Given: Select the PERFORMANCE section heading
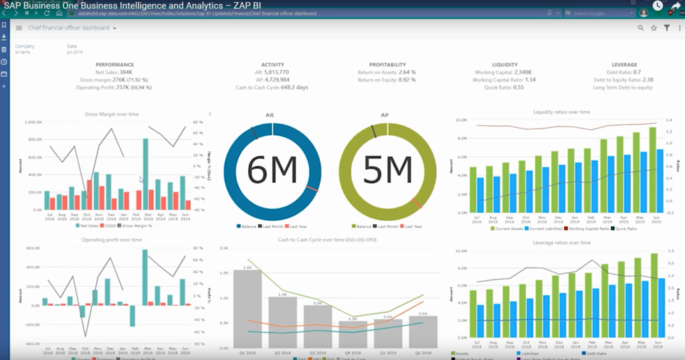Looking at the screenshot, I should (114, 65).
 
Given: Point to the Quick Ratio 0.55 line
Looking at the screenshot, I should (508, 87).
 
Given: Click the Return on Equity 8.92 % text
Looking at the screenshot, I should (387, 80).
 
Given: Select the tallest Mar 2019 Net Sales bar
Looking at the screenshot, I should (145, 174).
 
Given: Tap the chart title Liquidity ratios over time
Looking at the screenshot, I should (561, 112).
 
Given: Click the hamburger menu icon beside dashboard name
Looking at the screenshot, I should (19, 28).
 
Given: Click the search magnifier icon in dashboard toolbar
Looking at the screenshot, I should (640, 28).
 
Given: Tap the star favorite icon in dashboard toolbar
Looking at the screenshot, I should (654, 28).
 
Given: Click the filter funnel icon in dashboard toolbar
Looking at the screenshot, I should (666, 28).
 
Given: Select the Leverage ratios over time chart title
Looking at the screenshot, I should (561, 242).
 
